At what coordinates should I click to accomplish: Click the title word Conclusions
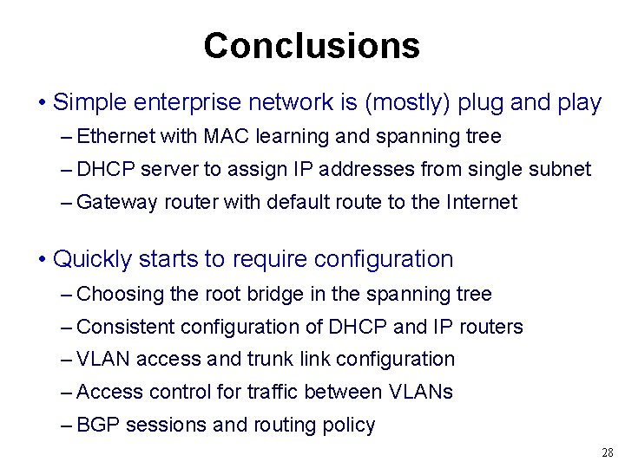click(x=312, y=45)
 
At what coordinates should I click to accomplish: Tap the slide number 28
click(x=607, y=453)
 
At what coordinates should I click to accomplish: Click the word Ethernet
click(x=115, y=137)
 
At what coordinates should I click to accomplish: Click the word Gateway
click(x=116, y=203)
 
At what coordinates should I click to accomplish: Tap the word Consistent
click(x=126, y=327)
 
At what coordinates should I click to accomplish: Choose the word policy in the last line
click(x=346, y=425)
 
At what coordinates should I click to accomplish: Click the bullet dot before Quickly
click(x=42, y=260)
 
